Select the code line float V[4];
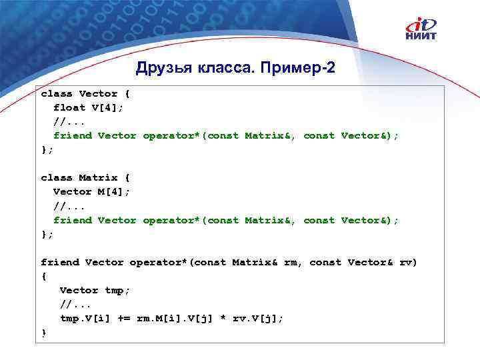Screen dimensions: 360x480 point(88,107)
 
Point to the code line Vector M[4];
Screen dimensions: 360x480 point(91,191)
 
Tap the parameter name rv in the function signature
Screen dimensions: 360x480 point(406,262)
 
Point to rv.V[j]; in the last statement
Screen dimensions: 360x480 point(258,318)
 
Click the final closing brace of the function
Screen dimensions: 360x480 point(44,333)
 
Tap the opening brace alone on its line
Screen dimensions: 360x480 point(44,276)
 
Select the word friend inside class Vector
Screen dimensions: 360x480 point(72,135)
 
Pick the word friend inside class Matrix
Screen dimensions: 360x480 point(72,219)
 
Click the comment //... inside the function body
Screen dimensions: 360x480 point(75,304)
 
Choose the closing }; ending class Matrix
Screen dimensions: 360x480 point(47,234)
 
